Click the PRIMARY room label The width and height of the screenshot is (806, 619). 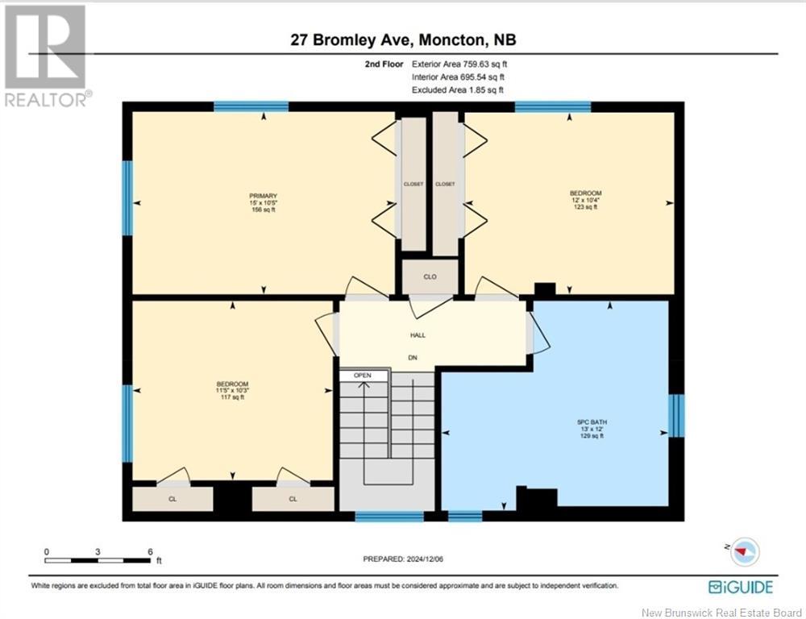point(264,196)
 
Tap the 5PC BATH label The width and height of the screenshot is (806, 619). point(592,422)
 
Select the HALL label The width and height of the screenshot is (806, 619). point(418,335)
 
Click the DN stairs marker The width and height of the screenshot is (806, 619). point(412,357)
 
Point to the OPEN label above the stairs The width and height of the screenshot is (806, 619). point(363,376)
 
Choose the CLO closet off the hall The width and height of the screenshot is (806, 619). point(430,276)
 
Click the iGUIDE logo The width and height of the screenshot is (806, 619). point(740,587)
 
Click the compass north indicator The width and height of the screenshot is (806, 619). point(743,551)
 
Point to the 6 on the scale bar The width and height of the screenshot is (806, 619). point(150,551)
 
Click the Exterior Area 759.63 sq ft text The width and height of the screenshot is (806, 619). point(459,64)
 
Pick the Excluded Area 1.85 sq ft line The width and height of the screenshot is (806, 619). point(458,90)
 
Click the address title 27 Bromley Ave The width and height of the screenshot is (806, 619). point(351,39)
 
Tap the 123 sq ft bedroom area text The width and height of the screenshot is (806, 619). point(585,206)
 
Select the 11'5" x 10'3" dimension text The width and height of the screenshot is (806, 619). point(232,391)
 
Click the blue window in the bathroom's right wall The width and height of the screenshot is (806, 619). point(676,415)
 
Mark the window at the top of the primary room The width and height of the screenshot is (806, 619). point(251,106)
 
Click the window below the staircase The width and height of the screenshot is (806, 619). point(389,516)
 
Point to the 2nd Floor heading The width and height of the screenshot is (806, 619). point(384,64)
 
